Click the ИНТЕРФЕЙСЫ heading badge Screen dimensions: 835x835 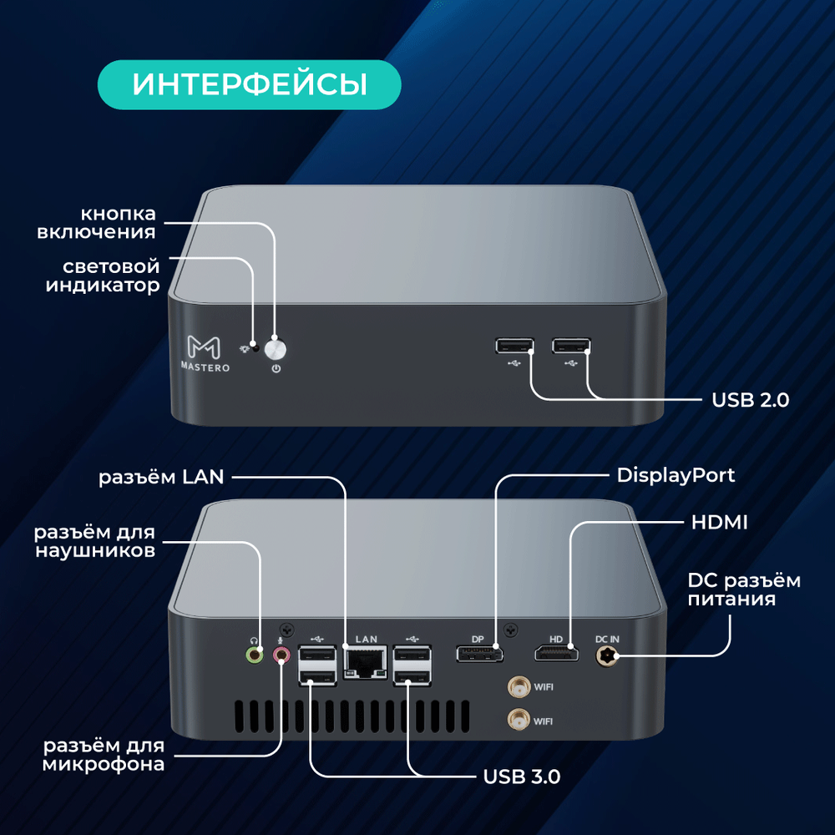tap(250, 85)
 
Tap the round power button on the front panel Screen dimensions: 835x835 tap(276, 348)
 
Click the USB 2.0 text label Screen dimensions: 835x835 tap(750, 400)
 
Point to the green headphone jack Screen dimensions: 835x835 tap(253, 655)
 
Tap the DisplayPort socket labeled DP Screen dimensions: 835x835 tap(478, 654)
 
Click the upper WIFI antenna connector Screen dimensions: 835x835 tap(518, 688)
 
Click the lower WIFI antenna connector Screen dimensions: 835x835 tap(518, 718)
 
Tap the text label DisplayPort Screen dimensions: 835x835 tap(676, 475)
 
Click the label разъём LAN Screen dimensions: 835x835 tap(161, 478)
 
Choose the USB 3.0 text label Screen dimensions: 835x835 tap(522, 777)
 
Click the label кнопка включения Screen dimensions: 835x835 tap(97, 222)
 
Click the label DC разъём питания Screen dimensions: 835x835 tap(742, 589)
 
